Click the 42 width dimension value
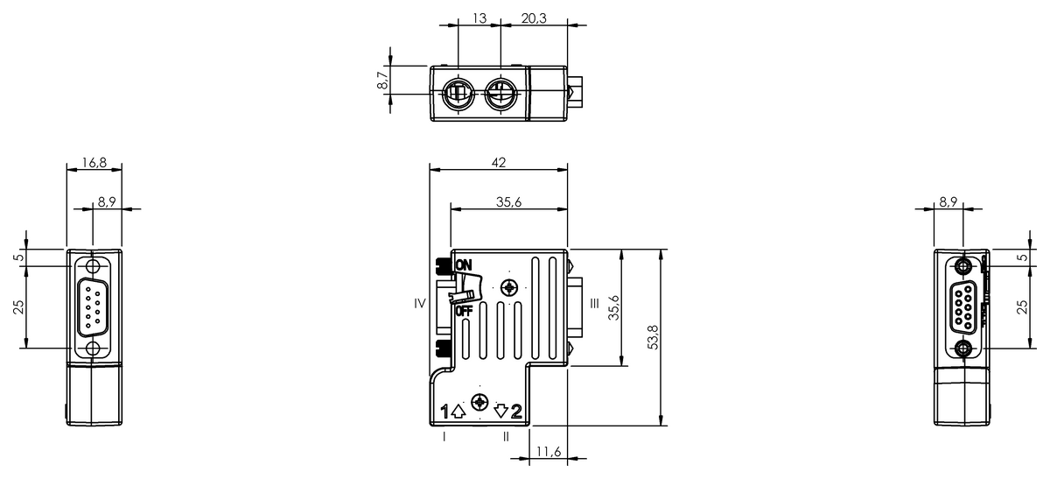point(497,163)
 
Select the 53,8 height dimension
point(653,337)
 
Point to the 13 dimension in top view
point(479,17)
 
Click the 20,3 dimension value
point(534,17)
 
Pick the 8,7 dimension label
point(382,81)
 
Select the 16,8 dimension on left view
point(94,162)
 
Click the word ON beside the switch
point(463,264)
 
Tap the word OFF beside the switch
point(463,311)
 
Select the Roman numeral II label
point(506,436)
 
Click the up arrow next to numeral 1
point(458,411)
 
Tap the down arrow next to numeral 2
point(501,411)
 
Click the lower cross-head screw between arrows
point(479,403)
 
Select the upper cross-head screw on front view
point(509,287)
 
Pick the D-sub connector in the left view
point(94,307)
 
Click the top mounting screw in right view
point(963,266)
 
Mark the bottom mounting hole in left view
point(94,349)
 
